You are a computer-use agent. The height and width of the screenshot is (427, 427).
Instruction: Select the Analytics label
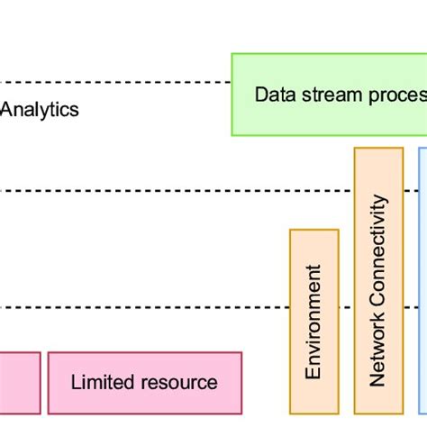pos(40,111)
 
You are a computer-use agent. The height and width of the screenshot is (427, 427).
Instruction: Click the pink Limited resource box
pos(144,382)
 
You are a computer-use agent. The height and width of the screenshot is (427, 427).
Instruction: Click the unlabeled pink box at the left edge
pos(19,382)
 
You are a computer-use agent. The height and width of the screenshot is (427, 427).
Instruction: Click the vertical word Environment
pos(314,322)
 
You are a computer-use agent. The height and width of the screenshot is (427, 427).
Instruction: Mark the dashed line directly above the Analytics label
pos(117,83)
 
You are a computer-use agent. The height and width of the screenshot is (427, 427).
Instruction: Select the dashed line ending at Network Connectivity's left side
pos(180,190)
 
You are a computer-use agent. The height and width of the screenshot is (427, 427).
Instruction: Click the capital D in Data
pos(261,95)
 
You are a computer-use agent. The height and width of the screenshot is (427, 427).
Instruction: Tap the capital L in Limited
pos(76,382)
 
